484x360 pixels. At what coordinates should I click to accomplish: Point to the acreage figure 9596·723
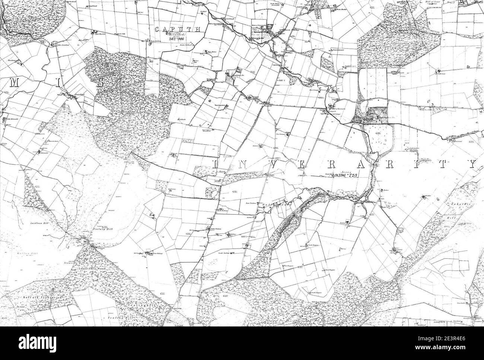344,174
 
